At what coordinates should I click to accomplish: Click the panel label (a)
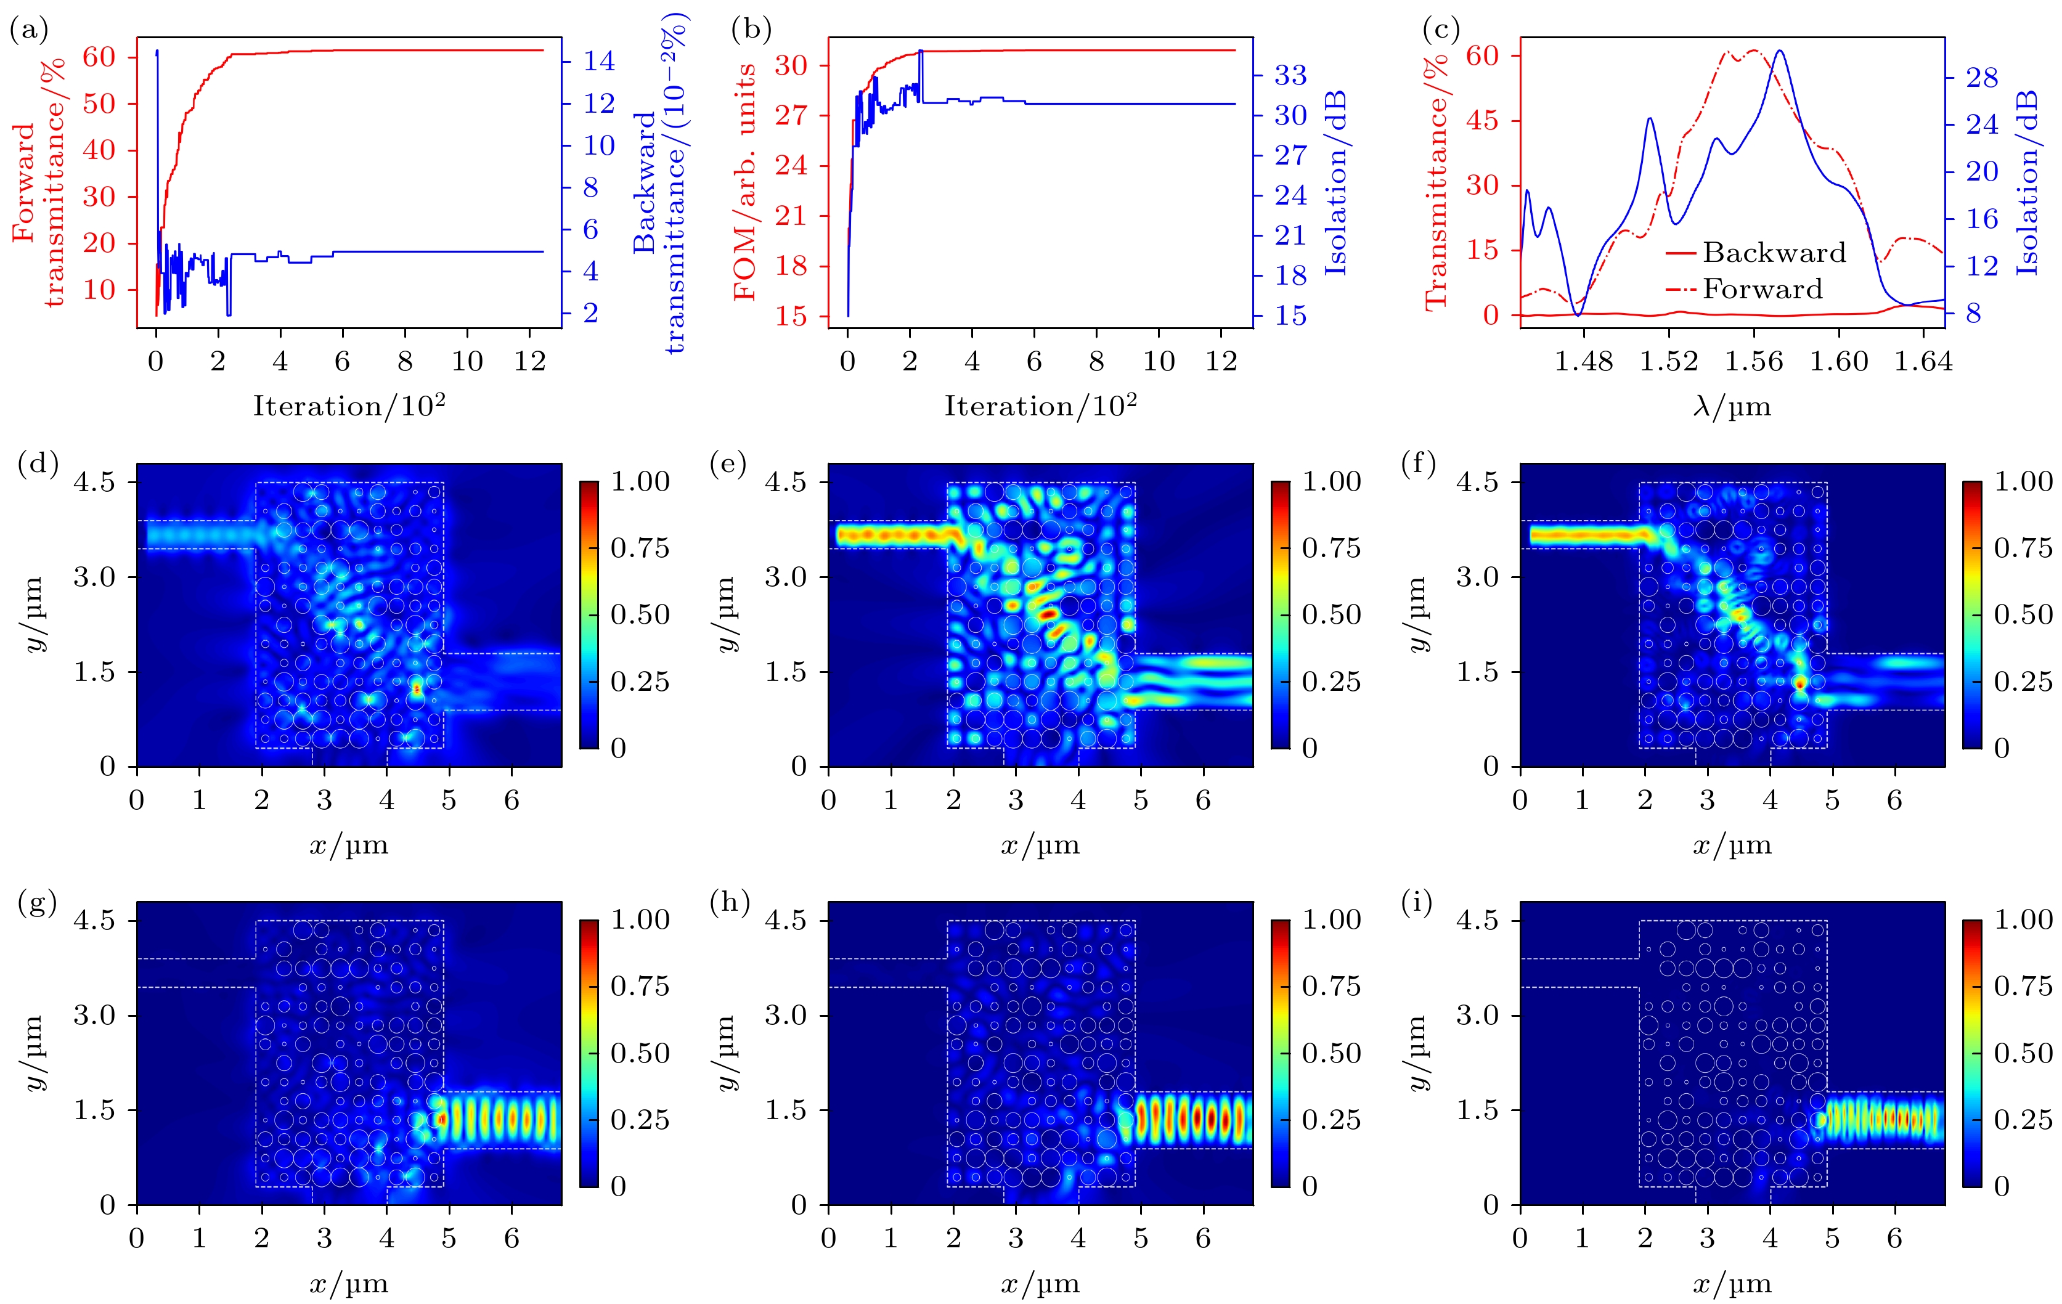click(28, 31)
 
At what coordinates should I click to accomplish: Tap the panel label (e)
click(728, 464)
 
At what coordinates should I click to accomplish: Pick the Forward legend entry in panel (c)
click(1762, 290)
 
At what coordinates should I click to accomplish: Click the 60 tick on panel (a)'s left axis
click(99, 57)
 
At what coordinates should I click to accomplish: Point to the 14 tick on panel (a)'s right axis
click(600, 61)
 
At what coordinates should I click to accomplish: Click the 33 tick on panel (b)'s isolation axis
click(1290, 75)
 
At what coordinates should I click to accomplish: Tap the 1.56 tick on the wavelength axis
click(1754, 361)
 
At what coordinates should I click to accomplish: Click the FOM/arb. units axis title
click(745, 182)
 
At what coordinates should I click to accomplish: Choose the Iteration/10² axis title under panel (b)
click(1040, 405)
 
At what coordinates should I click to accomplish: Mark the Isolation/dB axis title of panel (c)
click(2027, 182)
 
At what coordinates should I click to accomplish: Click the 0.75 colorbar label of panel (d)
click(640, 548)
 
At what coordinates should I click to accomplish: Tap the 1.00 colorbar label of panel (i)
click(2023, 919)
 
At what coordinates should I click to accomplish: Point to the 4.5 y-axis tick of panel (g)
click(94, 921)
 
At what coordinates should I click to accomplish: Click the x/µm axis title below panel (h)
click(1040, 1284)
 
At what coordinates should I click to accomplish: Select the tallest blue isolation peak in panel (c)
click(1780, 51)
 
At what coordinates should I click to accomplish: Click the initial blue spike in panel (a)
click(157, 53)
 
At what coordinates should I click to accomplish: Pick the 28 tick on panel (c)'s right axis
click(1981, 78)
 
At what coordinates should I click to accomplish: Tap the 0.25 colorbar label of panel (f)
click(2023, 682)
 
